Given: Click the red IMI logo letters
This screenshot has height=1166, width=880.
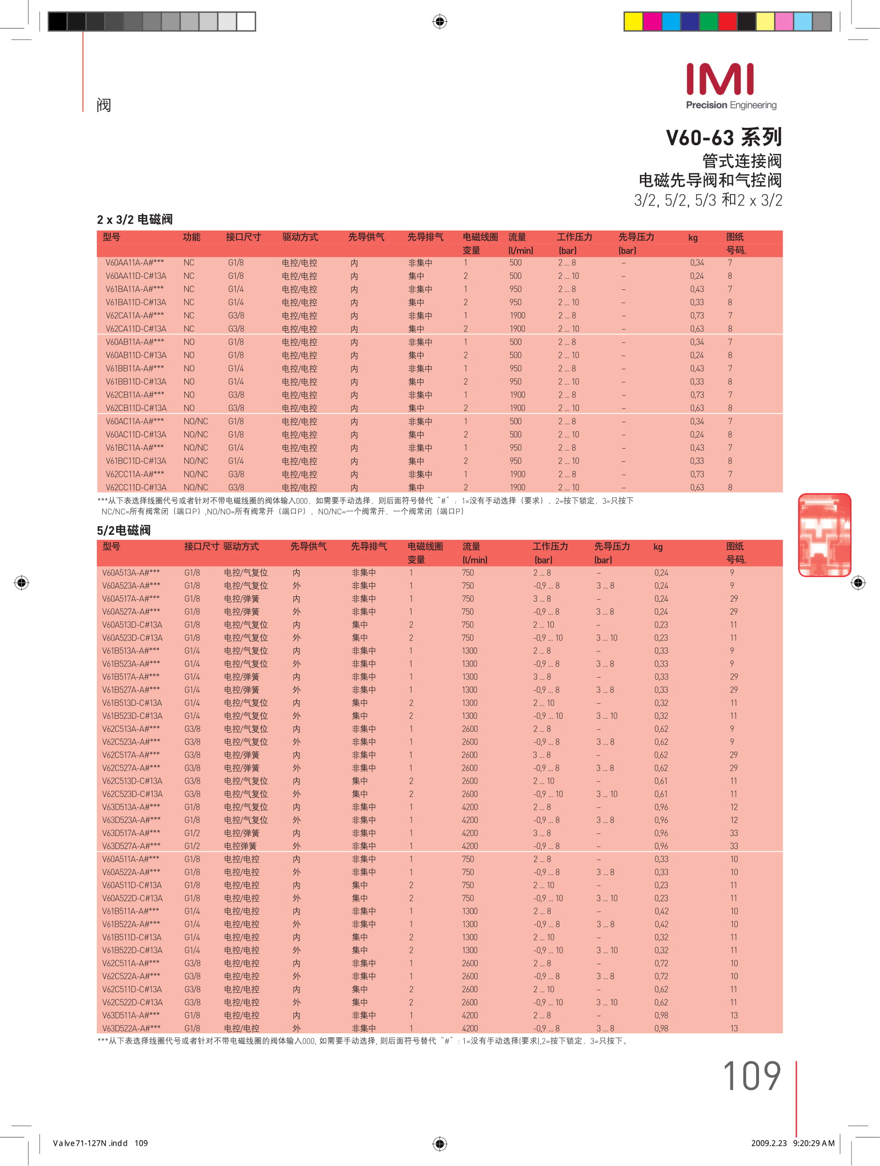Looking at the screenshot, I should (720, 79).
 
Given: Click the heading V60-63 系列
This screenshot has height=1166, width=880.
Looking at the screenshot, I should (723, 137).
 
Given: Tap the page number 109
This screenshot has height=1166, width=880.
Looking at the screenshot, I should (751, 1076).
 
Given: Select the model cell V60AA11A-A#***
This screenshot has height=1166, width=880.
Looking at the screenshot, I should (135, 262).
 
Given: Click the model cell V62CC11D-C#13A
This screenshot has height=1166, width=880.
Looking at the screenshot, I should (136, 487).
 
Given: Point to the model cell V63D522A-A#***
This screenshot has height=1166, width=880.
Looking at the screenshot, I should (131, 1029).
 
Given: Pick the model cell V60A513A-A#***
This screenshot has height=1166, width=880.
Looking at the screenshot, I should (131, 573).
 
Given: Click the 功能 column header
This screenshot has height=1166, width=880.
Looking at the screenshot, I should (191, 237).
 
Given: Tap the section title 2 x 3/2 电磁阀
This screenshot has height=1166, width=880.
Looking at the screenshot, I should (135, 219).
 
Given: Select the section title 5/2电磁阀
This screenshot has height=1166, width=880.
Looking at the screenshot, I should (123, 530).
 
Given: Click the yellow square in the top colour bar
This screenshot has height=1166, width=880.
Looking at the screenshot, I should (633, 22).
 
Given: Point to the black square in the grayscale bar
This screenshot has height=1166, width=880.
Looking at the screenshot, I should (58, 22).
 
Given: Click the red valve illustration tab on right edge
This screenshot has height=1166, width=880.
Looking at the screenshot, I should (824, 534).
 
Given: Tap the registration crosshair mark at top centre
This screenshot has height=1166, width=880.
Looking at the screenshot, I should (440, 22).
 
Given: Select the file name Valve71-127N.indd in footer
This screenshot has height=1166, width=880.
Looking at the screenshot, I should (90, 1143).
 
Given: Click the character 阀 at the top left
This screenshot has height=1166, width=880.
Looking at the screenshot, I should (104, 106).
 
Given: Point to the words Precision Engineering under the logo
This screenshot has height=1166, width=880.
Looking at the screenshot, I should (731, 106).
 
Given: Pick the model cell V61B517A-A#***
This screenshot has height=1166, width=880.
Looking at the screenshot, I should (131, 677).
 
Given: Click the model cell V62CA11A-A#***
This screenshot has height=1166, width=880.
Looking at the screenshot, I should (135, 316).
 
